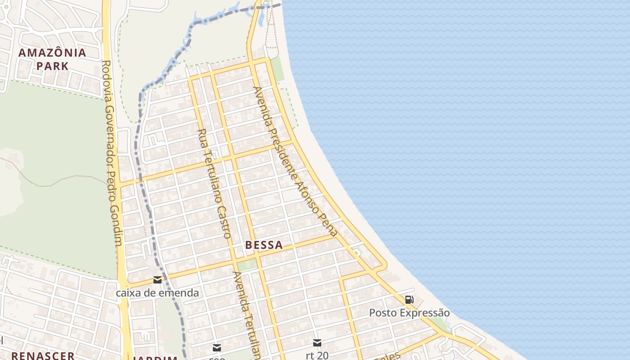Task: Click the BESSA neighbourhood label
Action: (264, 245)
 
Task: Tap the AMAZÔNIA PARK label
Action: (52, 59)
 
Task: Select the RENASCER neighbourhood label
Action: (43, 355)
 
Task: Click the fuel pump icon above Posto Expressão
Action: (409, 300)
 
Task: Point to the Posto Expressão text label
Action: (409, 313)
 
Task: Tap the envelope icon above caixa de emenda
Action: (157, 280)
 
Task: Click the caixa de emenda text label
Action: (157, 293)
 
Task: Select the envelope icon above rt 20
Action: (317, 343)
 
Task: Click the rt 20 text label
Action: (317, 355)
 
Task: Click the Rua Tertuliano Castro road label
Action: (214, 183)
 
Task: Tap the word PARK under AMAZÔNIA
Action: (52, 66)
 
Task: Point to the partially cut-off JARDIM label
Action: (155, 357)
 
